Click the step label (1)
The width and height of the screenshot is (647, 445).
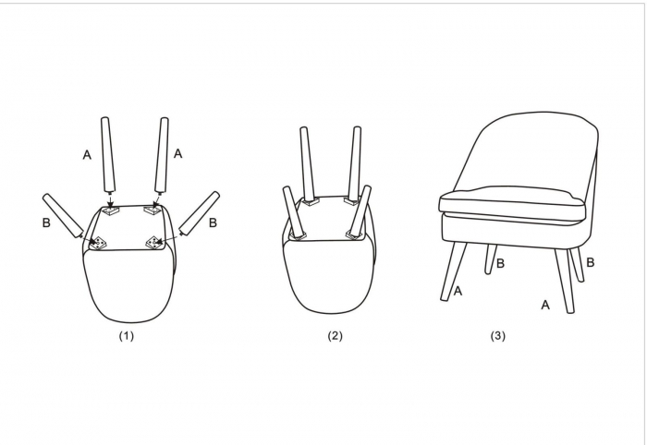[x=127, y=336]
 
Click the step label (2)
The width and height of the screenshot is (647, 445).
[x=335, y=336]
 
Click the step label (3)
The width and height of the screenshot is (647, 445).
[x=497, y=336]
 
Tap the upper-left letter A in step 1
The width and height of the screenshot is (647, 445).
[x=87, y=155]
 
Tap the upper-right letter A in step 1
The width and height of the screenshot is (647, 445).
[x=177, y=153]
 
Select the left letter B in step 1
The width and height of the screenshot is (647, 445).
[x=46, y=222]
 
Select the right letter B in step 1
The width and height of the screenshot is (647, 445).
[x=213, y=222]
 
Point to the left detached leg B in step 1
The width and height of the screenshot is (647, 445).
[x=63, y=217]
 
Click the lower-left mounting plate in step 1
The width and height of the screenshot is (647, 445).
[x=99, y=243]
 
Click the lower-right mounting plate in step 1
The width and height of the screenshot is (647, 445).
[x=154, y=243]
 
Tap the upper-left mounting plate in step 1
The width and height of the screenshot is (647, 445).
[x=110, y=211]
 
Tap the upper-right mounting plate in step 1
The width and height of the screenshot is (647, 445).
[x=152, y=210]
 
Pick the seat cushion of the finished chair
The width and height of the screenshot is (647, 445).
[x=512, y=204]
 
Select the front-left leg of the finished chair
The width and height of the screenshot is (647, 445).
[x=454, y=271]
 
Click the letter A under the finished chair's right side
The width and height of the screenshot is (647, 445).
[x=545, y=306]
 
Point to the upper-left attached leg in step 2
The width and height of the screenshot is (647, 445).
[x=306, y=164]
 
